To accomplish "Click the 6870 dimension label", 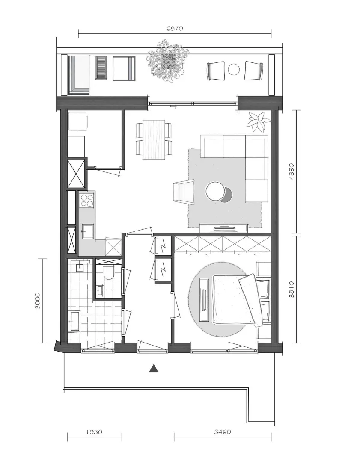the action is click(x=175, y=29).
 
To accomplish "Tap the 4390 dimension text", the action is click(x=292, y=171).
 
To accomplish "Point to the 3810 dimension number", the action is click(x=292, y=289).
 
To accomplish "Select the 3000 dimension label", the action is click(x=38, y=301).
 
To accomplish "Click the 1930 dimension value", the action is click(x=94, y=432).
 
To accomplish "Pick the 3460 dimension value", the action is click(x=223, y=432).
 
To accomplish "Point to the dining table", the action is click(x=154, y=139).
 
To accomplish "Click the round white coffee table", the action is click(x=216, y=191).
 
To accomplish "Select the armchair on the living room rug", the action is click(x=184, y=192).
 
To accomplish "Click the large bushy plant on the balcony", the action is click(x=168, y=61).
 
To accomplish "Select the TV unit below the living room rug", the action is click(x=224, y=228).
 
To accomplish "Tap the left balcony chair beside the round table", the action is click(x=216, y=71).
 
